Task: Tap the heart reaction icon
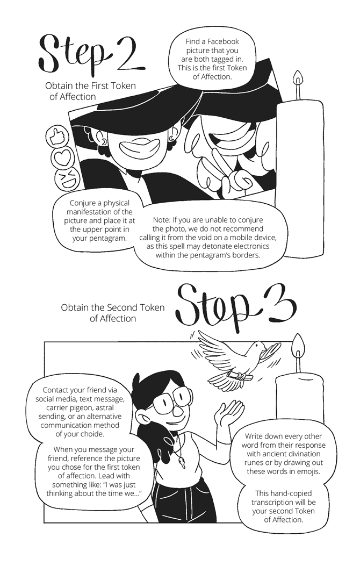pyautogui.click(x=63, y=157)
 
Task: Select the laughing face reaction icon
pyautogui.click(x=69, y=180)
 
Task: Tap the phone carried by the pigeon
pyautogui.click(x=237, y=376)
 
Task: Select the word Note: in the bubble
pyautogui.click(x=162, y=220)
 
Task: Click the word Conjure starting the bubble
pyautogui.click(x=82, y=204)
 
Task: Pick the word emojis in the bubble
pyautogui.click(x=309, y=471)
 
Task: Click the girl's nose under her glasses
pyautogui.click(x=176, y=411)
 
